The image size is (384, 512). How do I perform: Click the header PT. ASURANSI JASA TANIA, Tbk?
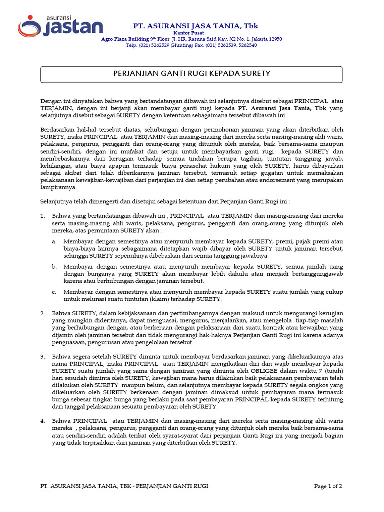pos(195,26)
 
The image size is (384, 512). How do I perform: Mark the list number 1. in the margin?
pos(42,216)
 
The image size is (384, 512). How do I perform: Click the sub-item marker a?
pos(54,241)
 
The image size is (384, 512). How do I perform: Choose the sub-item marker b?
pos(54,267)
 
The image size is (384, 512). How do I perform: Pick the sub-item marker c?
pos(54,292)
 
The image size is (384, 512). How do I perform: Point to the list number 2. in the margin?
pos(42,313)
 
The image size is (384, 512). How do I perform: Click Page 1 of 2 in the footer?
pos(328,486)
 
